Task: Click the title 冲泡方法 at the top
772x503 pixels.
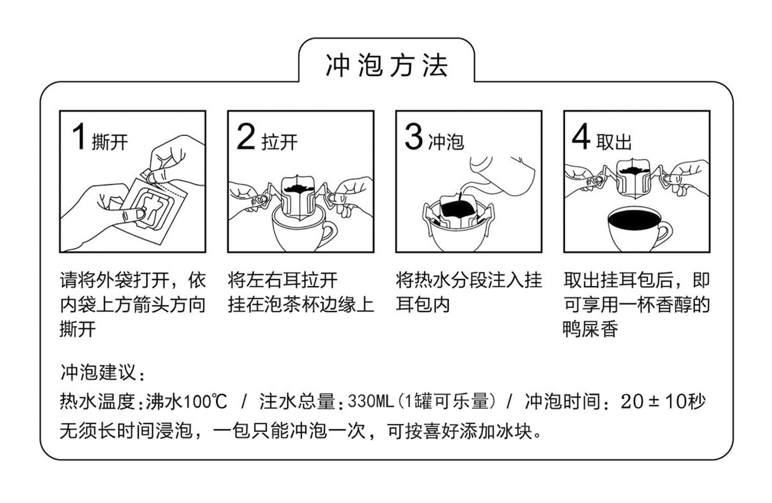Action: pyautogui.click(x=387, y=65)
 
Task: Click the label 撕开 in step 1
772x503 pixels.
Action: pyautogui.click(x=110, y=142)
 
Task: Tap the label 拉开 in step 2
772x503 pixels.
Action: pyautogui.click(x=279, y=142)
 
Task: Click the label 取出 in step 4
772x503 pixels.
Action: pyautogui.click(x=614, y=142)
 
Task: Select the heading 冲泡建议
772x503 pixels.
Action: pyautogui.click(x=102, y=373)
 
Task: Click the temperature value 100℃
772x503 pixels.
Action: pyautogui.click(x=205, y=401)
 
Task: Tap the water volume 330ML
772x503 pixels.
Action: pyautogui.click(x=371, y=401)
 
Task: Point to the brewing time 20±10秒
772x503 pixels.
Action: pyautogui.click(x=663, y=401)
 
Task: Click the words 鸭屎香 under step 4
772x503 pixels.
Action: pyautogui.click(x=590, y=329)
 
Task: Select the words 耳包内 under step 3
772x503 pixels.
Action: pyautogui.click(x=423, y=304)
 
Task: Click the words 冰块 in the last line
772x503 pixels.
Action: pyautogui.click(x=514, y=430)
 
